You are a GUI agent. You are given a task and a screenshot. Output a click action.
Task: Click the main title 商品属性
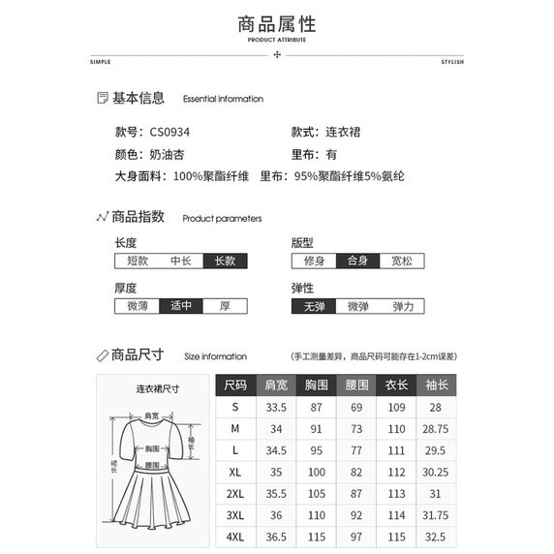tap(277, 23)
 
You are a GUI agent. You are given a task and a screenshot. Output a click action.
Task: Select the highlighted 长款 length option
tap(225, 261)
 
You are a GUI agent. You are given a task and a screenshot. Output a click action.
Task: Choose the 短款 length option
tap(137, 261)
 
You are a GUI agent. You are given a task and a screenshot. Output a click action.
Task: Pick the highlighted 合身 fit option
tap(357, 261)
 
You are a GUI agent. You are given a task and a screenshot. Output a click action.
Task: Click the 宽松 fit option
tap(402, 261)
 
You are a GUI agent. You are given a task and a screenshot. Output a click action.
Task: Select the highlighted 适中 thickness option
tap(181, 306)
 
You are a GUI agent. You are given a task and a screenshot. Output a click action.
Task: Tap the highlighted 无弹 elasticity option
tap(314, 306)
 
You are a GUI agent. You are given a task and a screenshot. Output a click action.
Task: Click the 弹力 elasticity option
tap(402, 306)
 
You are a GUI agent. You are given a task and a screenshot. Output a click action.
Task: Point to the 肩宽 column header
tap(276, 385)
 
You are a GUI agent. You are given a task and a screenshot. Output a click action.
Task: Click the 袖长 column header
tap(436, 385)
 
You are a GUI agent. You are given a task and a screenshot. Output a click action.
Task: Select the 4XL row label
tap(235, 538)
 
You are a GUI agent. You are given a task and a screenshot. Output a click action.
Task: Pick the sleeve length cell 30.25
tap(436, 472)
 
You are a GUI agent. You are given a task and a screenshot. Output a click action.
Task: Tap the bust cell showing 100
tap(316, 472)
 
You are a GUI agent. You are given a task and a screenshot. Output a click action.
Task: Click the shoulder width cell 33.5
tap(276, 407)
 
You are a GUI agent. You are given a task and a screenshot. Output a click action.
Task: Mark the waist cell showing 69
tap(356, 407)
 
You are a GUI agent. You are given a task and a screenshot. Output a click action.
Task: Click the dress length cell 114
tap(396, 515)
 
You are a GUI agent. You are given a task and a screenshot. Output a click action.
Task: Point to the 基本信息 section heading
tap(138, 98)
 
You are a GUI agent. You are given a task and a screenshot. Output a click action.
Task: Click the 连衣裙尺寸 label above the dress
tap(158, 389)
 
